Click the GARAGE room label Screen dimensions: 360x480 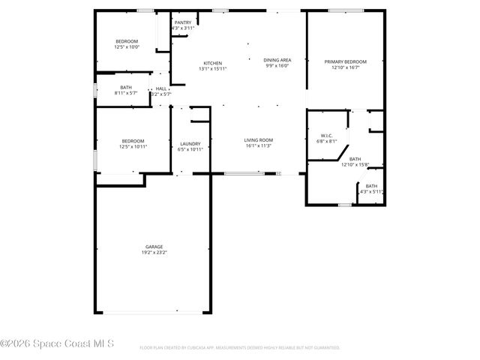tap(154, 247)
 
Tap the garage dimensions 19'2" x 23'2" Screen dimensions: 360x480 tap(154, 253)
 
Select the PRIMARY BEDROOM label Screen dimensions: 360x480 tap(345, 61)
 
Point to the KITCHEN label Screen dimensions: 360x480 tap(213, 63)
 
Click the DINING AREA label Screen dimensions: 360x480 tap(277, 59)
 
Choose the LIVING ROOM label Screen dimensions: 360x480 tap(258, 139)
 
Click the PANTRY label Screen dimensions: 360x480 tap(183, 22)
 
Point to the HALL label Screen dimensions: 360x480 tap(161, 88)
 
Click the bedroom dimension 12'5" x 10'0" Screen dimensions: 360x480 tap(127, 46)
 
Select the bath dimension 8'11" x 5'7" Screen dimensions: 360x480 tap(126, 94)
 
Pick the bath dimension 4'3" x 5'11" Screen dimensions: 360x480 tap(372, 192)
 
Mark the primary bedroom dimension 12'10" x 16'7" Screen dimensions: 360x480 tap(345, 67)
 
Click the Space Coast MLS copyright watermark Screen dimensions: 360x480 tap(57, 344)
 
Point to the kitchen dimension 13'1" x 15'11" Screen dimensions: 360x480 tap(213, 69)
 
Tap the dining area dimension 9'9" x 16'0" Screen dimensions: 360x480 tap(277, 65)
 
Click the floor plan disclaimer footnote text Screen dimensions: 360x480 tap(240, 348)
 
